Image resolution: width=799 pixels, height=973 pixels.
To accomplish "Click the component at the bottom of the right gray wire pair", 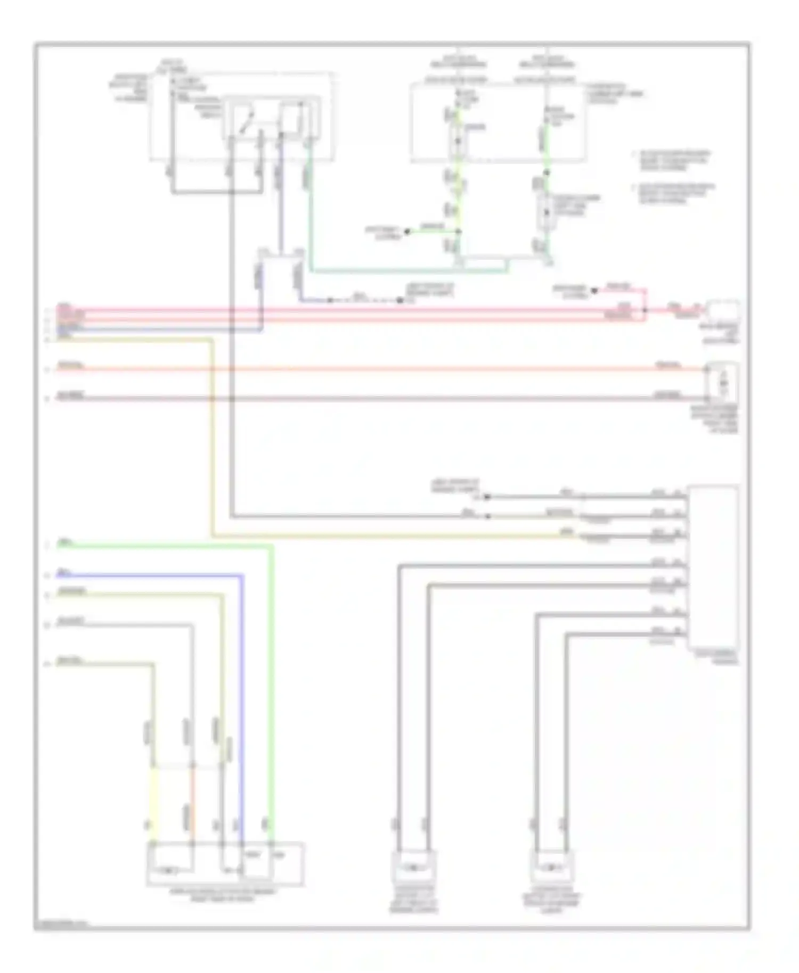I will pos(552,867).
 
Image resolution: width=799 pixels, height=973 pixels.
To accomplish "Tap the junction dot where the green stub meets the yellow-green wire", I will pos(459,232).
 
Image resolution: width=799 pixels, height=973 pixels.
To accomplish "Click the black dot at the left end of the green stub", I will pos(407,232).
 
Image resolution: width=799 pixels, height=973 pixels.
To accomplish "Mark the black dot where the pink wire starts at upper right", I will pos(594,290).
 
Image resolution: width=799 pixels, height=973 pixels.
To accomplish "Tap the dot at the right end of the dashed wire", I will pos(399,301).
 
